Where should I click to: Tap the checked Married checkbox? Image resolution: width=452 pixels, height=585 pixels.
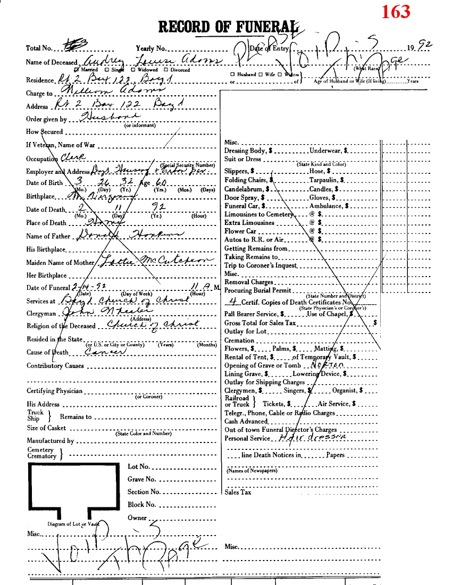point(77,70)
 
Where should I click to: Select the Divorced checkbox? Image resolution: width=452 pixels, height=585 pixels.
point(166,70)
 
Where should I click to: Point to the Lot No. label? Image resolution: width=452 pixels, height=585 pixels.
point(139,466)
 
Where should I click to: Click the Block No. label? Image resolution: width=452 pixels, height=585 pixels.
point(141,505)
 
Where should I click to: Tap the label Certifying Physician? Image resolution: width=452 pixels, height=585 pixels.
point(55,391)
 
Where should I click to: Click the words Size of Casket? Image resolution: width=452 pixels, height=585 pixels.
point(47,428)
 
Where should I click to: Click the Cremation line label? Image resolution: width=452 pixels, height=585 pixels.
point(239,340)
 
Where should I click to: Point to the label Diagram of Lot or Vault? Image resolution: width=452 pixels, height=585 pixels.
point(71,524)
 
